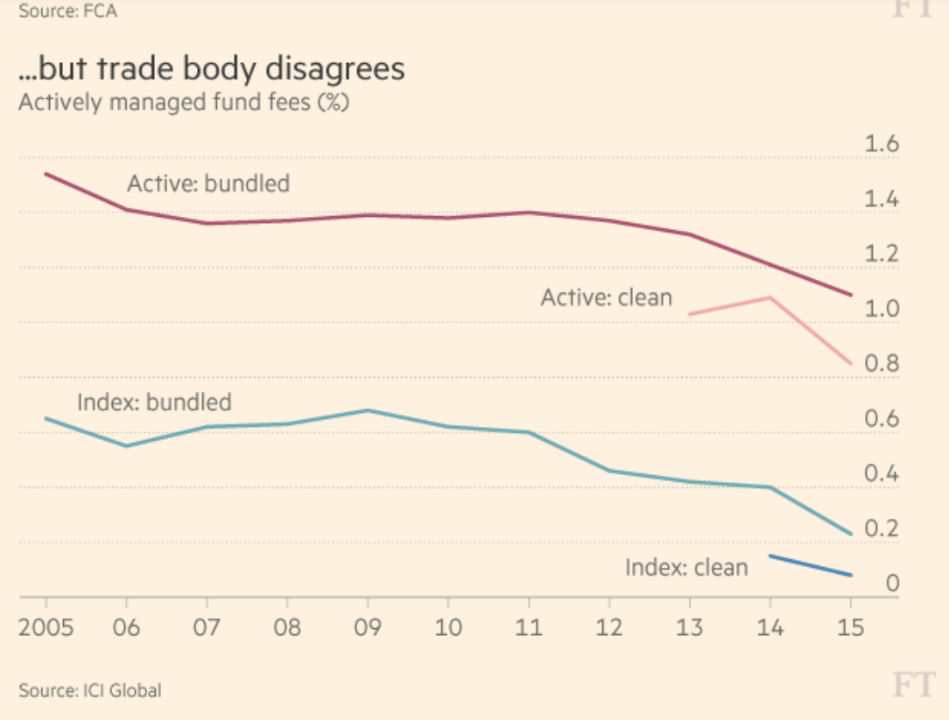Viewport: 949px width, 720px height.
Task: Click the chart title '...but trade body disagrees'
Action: click(212, 69)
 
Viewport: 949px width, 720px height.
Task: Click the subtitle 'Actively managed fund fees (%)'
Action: click(184, 102)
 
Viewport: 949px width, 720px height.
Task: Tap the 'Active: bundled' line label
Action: click(208, 184)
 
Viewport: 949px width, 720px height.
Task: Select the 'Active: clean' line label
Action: click(606, 297)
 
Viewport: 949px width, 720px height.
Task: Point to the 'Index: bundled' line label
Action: click(154, 402)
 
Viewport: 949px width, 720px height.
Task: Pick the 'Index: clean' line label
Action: click(686, 568)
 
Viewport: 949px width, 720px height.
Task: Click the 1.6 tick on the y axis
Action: click(882, 144)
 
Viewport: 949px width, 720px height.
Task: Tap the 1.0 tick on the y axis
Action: click(882, 309)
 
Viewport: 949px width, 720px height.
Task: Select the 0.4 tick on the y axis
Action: click(882, 474)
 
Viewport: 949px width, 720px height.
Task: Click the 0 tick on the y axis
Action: click(892, 584)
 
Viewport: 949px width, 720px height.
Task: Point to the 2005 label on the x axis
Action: click(46, 628)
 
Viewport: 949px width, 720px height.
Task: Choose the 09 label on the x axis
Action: click(368, 628)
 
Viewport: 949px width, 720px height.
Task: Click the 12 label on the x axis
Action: click(609, 628)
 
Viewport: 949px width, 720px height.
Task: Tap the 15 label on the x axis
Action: click(850, 628)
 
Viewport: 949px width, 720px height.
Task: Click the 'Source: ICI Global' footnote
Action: click(90, 690)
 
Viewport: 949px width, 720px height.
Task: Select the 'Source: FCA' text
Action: click(67, 10)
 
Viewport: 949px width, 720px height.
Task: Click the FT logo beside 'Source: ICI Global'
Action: click(913, 687)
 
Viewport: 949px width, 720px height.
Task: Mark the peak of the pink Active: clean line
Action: click(770, 297)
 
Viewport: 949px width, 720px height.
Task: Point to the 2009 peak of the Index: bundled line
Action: click(368, 409)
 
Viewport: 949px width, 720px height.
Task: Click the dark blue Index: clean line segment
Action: click(811, 565)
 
